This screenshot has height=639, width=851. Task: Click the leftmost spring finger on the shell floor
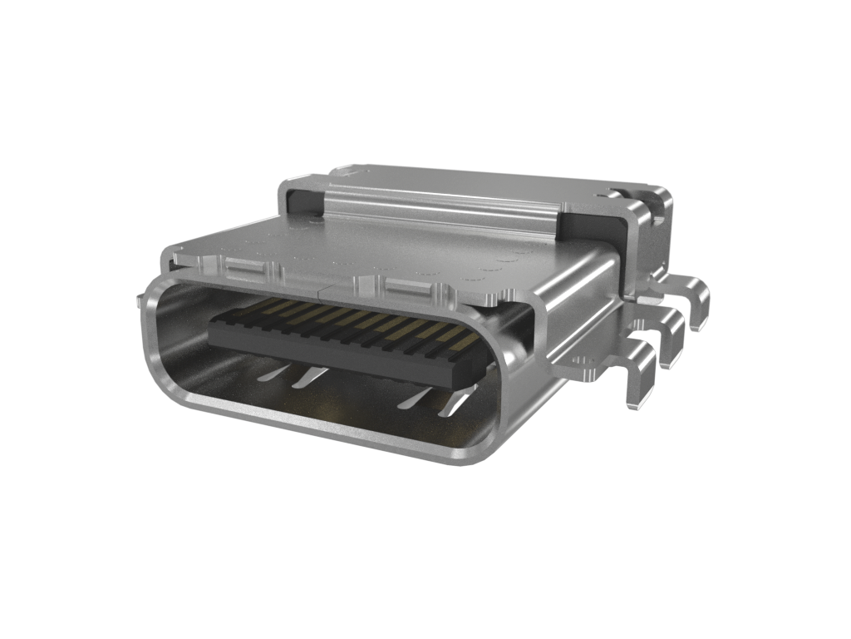[270, 374]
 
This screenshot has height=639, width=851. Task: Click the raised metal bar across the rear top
[440, 208]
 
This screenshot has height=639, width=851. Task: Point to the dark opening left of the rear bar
[304, 203]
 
